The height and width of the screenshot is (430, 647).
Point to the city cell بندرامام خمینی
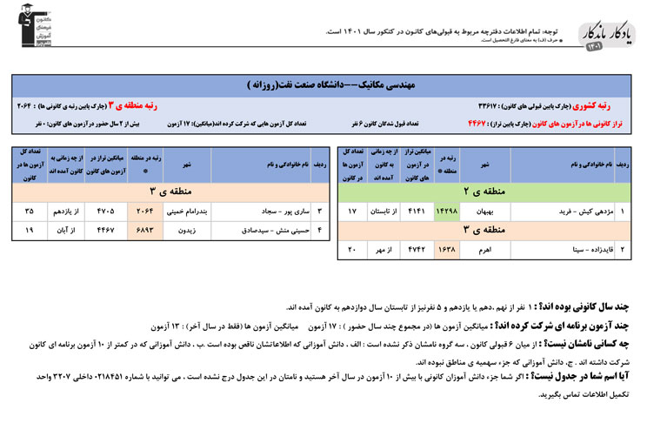pyautogui.click(x=185, y=211)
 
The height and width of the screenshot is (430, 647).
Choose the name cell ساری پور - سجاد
pyautogui.click(x=266, y=211)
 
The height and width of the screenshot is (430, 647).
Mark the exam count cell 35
pyautogui.click(x=30, y=211)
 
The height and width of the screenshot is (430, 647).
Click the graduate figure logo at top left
pyautogui.click(x=26, y=24)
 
